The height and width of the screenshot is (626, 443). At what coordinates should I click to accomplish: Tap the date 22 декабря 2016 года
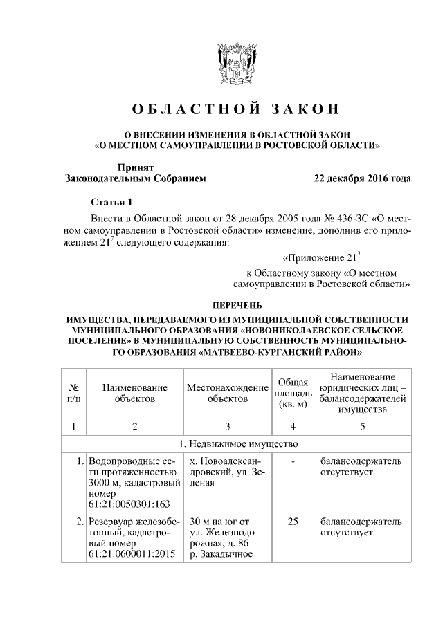click(362, 178)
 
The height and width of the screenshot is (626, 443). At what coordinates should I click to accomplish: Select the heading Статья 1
click(110, 202)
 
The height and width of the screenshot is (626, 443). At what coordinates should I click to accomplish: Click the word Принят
click(135, 167)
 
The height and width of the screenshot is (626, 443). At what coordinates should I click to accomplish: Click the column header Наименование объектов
click(134, 393)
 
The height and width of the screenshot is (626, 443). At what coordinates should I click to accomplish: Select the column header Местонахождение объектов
click(227, 393)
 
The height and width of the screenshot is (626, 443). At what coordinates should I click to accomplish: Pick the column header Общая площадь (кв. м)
click(293, 393)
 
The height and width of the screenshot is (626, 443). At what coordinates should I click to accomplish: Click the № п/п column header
click(73, 393)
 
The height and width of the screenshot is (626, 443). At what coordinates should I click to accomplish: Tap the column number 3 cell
click(227, 425)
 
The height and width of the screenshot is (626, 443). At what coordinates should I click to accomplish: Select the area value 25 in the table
click(293, 522)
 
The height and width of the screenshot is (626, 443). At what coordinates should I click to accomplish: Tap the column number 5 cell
click(362, 425)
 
